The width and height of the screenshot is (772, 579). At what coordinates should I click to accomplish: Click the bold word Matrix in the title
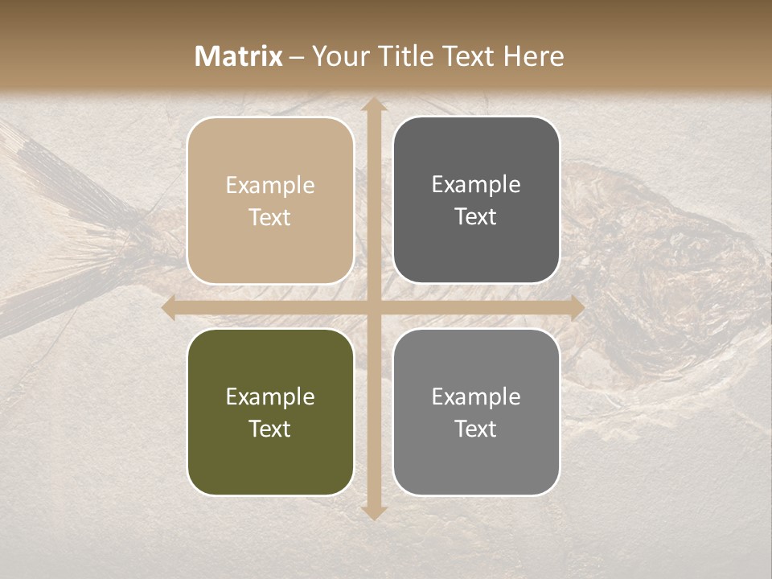coord(239,56)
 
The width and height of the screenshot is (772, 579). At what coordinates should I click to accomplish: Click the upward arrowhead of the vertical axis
coord(373,105)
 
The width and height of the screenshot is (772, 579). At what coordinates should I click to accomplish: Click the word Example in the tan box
coord(270,185)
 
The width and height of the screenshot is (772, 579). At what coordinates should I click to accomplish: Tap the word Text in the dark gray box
coord(476,216)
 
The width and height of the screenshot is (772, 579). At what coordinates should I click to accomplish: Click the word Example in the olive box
coord(270,396)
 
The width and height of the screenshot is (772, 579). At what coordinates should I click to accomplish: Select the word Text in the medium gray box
coord(476,429)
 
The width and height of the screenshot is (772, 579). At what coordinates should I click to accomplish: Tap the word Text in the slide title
coord(467,56)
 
